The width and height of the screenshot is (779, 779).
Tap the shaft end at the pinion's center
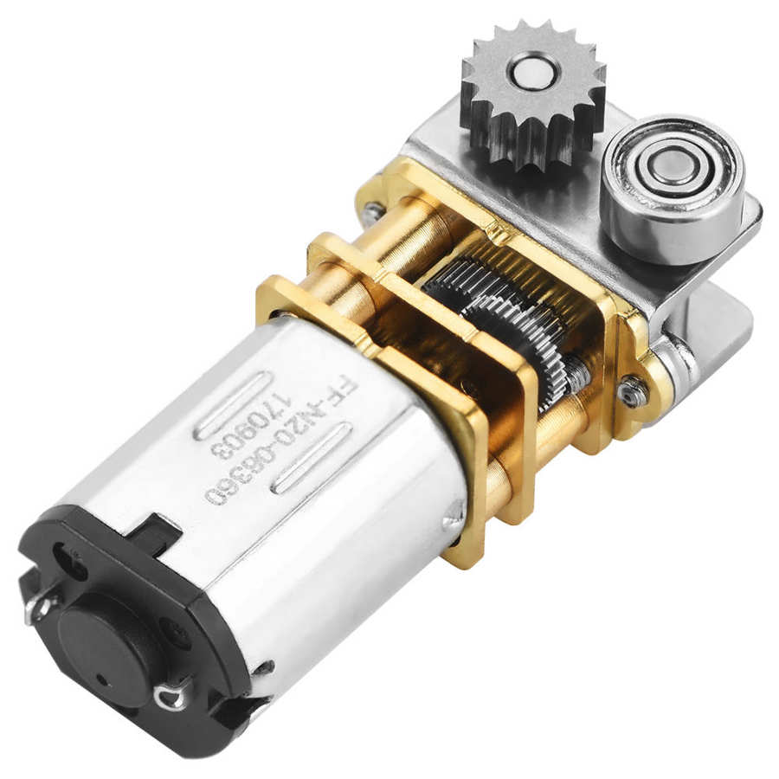535,71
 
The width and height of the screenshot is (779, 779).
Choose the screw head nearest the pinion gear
373,209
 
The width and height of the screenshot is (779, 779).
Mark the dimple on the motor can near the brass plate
450,520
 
